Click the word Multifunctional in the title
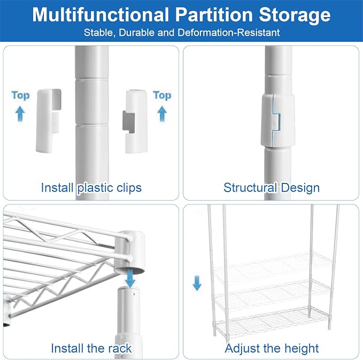101,15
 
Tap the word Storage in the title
295,16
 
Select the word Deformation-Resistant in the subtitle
229,33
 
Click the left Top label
21,96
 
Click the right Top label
162,96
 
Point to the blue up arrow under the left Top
20,114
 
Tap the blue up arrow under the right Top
162,114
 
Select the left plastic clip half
48,121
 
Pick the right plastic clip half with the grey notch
135,121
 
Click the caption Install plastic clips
91,188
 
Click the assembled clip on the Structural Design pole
278,120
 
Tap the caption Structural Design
272,188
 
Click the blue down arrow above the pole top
130,279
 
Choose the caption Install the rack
91,348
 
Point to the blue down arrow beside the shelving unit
197,283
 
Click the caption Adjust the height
272,348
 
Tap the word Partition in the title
214,15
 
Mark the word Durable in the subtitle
137,33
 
